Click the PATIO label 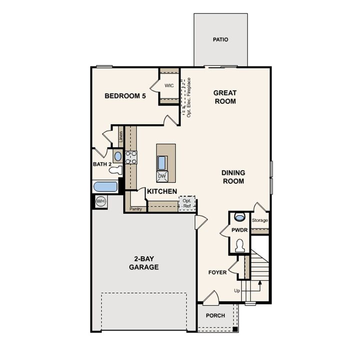click(220, 39)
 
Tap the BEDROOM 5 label click(125, 96)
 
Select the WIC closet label click(169, 85)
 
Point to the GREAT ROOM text click(224, 97)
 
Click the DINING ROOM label click(233, 177)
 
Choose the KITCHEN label click(161, 191)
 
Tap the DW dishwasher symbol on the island click(161, 176)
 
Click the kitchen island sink click(162, 162)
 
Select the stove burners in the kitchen click(131, 157)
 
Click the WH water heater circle click(100, 201)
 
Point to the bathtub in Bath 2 click(105, 187)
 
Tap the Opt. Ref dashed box click(187, 203)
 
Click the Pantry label click(135, 209)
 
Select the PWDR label click(239, 230)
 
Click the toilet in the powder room click(239, 246)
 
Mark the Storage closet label click(259, 220)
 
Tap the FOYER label click(217, 272)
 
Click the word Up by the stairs click(237, 290)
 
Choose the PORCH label click(215, 316)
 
